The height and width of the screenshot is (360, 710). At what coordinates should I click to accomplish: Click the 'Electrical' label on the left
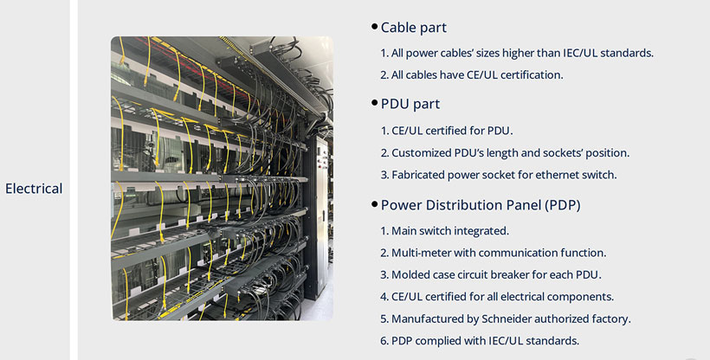34,188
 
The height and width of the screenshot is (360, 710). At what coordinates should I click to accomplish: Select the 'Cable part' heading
414,28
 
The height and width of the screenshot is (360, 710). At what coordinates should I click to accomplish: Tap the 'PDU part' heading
410,104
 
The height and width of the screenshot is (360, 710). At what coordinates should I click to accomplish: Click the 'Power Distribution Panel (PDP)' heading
481,205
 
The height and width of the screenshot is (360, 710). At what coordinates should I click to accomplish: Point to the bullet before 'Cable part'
374,28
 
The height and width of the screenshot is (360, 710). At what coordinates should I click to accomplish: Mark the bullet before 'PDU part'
374,104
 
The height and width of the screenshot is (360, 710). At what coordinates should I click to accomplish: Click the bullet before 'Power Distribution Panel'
374,205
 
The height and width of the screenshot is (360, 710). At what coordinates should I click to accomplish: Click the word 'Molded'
410,275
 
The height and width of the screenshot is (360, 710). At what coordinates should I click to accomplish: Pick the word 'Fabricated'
423,175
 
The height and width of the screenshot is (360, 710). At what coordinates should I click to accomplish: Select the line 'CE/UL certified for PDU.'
447,131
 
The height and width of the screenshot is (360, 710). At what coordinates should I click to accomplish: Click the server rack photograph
222,178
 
